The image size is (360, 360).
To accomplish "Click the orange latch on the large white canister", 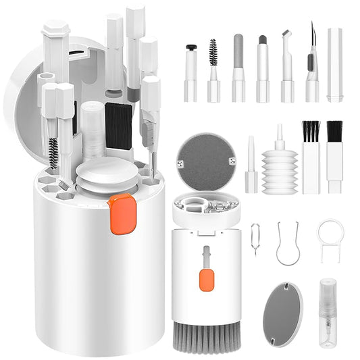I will [x=122, y=213].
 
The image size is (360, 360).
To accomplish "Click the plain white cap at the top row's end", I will [x=335, y=65].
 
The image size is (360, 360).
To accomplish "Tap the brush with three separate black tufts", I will [x=311, y=157].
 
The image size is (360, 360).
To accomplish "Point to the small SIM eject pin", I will [x=255, y=238].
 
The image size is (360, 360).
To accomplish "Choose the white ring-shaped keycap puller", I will [x=330, y=238].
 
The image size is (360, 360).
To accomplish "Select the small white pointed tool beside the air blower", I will [x=251, y=165].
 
